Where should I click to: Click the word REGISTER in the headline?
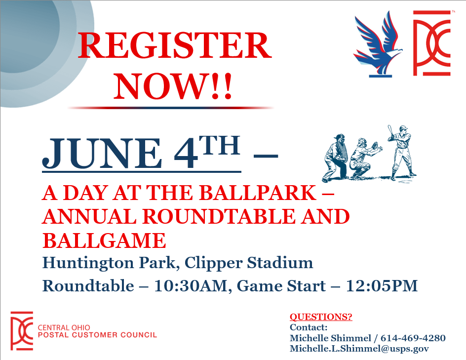[x=175, y=45]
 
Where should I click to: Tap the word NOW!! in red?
[x=173, y=86]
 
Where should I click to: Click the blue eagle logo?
[x=378, y=44]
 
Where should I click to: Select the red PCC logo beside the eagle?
[x=432, y=43]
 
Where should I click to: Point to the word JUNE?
[x=102, y=154]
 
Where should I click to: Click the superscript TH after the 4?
[x=220, y=145]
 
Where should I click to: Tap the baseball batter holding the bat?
[x=401, y=152]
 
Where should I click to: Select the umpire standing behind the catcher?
[x=336, y=158]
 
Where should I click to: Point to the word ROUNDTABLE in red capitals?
[x=219, y=216]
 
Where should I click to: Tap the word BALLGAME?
[x=104, y=240]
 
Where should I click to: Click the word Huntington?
[x=88, y=263]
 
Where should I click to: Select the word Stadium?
[x=280, y=263]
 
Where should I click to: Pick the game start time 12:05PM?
[x=382, y=286]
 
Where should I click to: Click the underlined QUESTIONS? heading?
[x=321, y=317]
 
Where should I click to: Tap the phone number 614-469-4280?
[x=413, y=338]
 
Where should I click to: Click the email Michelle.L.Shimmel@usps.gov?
[x=359, y=349]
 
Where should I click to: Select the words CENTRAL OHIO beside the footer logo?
[x=64, y=327]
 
